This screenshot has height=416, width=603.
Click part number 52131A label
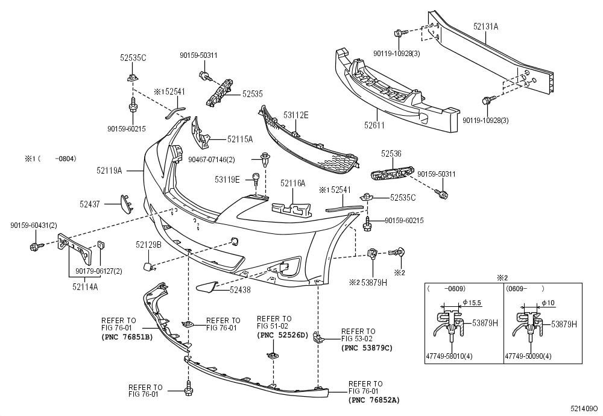pyautogui.click(x=485, y=26)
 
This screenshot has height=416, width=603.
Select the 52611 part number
pyautogui.click(x=375, y=125)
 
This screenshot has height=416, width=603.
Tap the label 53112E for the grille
pyautogui.click(x=296, y=115)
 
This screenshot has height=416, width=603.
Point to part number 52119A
pyautogui.click(x=109, y=170)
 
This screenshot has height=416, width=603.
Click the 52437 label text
pyautogui.click(x=90, y=204)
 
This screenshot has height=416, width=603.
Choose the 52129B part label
pyautogui.click(x=148, y=245)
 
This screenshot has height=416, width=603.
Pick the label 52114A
pyautogui.click(x=85, y=286)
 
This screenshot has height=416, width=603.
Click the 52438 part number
pyautogui.click(x=240, y=290)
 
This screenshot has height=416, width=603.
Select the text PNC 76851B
pyautogui.click(x=127, y=338)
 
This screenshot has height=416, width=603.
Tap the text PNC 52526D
pyautogui.click(x=283, y=335)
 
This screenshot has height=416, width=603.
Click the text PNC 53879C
pyautogui.click(x=367, y=348)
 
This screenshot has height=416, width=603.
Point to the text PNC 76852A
pyautogui.click(x=374, y=400)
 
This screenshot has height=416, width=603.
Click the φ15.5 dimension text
pyautogui.click(x=472, y=303)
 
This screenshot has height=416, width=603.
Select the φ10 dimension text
pyautogui.click(x=548, y=303)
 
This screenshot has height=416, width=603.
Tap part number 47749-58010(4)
pyautogui.click(x=449, y=356)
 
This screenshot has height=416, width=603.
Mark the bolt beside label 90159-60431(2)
pyautogui.click(x=36, y=246)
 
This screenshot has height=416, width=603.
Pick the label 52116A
pyautogui.click(x=292, y=183)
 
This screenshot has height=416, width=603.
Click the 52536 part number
pyautogui.click(x=391, y=153)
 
